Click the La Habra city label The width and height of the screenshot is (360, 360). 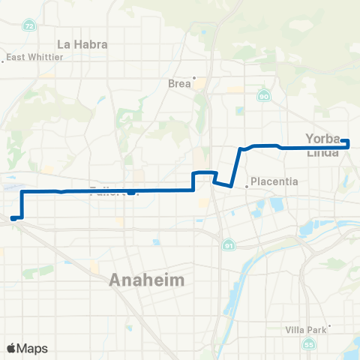tap(82, 43)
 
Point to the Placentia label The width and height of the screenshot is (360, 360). tap(274, 181)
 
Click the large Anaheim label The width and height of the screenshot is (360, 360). tap(146, 280)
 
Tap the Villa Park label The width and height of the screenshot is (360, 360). tap(306, 329)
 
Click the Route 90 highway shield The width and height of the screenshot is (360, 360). tap(263, 96)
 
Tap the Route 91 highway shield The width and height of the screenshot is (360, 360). tap(227, 245)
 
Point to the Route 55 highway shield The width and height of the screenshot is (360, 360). tap(310, 343)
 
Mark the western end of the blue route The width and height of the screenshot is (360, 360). tap(13, 218)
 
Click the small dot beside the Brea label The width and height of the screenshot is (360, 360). tap(193, 78)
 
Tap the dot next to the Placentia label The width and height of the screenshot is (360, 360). tap(247, 186)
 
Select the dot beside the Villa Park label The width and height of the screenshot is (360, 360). tap(330, 325)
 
